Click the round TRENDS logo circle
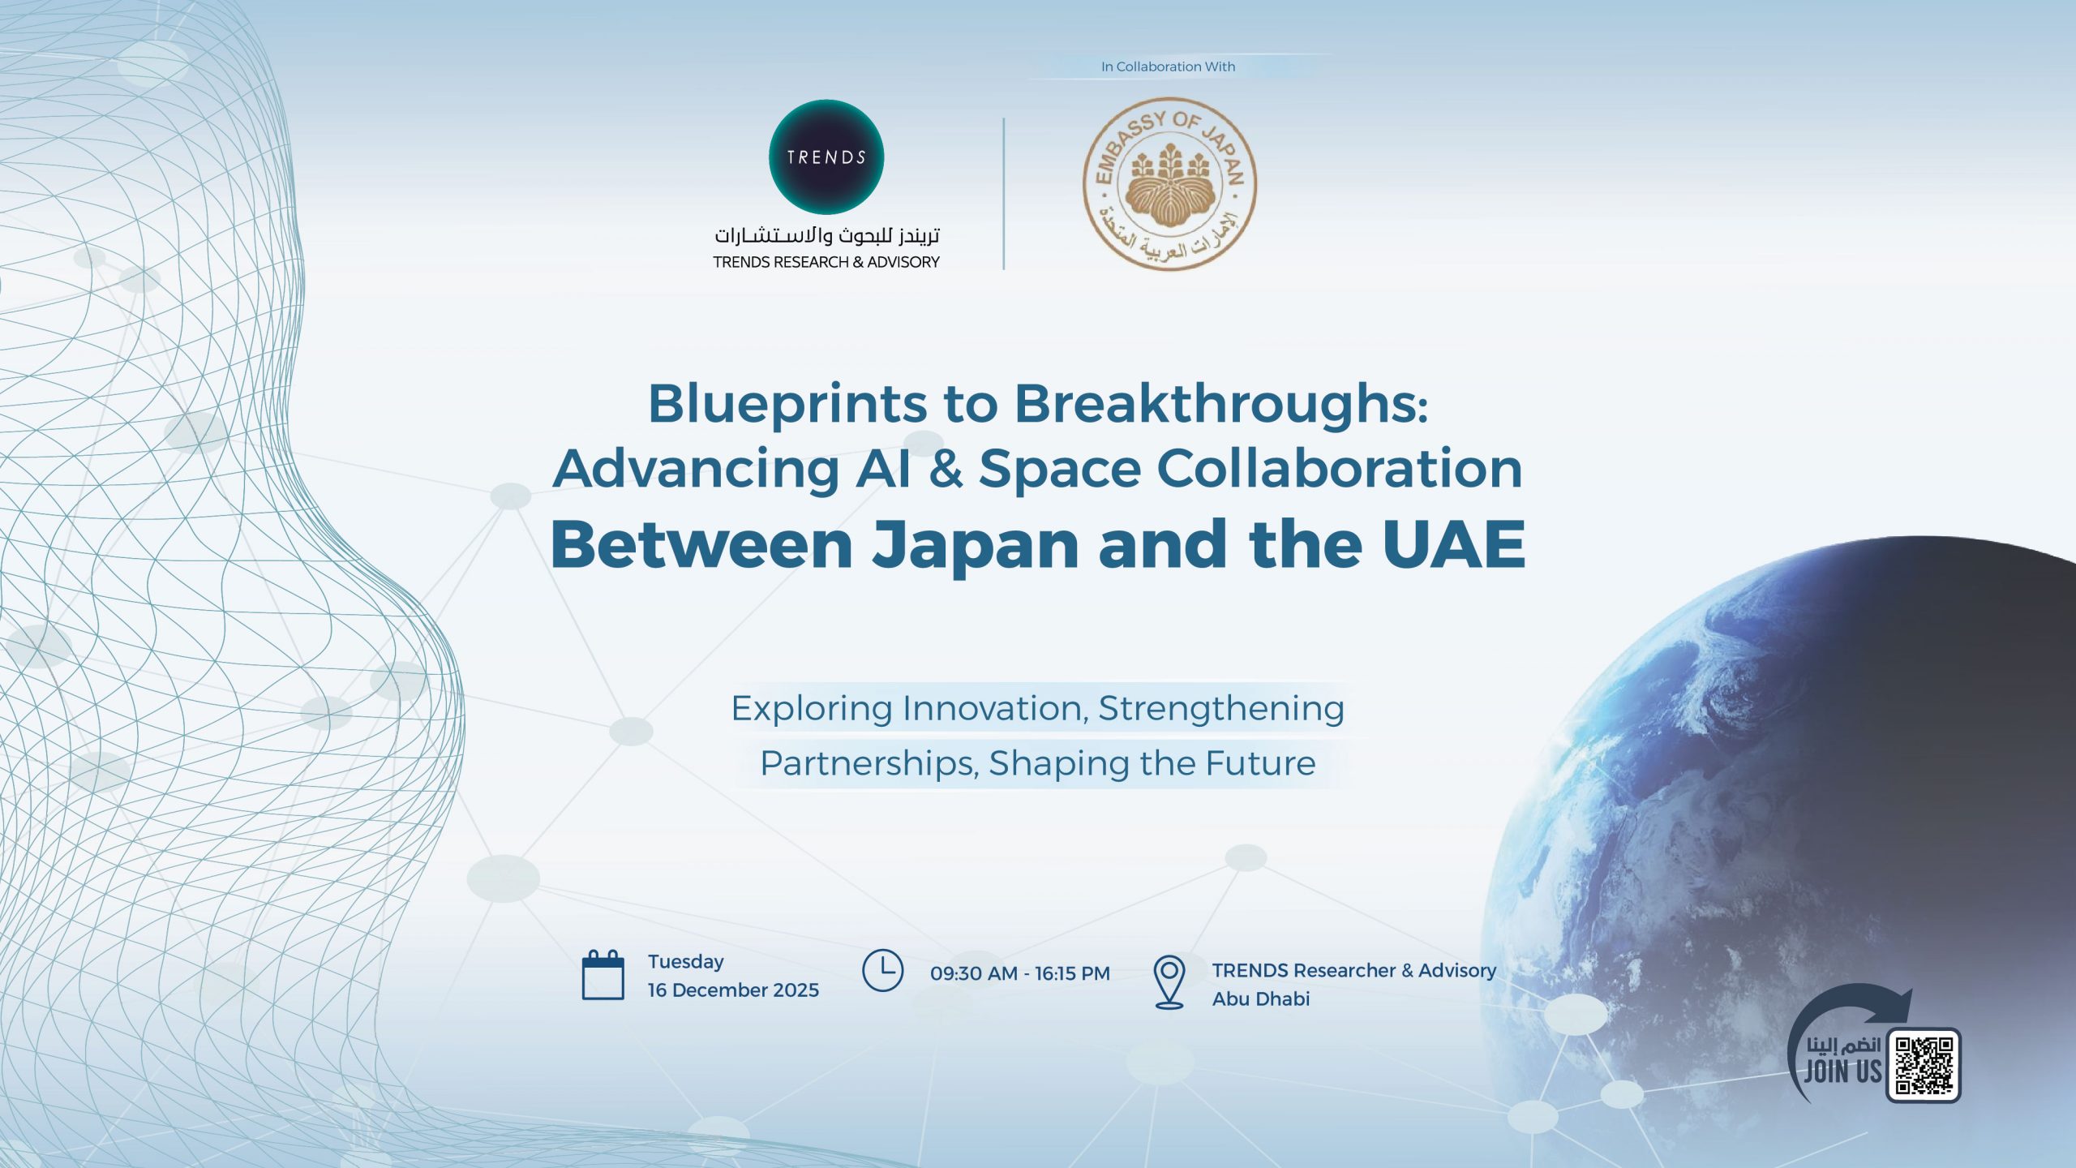[826, 157]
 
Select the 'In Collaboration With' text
[1168, 67]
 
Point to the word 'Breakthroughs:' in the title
[1220, 403]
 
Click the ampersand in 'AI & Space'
[946, 469]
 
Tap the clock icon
[882, 970]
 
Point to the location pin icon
[1169, 981]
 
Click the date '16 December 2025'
[733, 990]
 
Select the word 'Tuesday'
[685, 961]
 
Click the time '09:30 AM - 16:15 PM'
[1019, 973]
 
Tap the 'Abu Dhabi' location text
[1260, 998]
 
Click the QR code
[1924, 1065]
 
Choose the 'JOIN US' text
[1842, 1071]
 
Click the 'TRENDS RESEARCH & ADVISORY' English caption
[826, 262]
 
